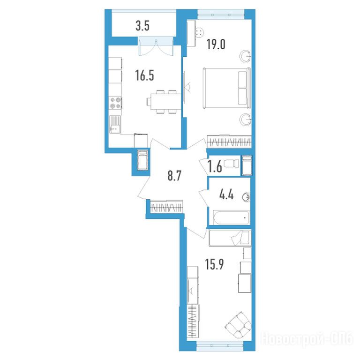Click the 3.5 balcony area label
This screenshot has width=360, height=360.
[142, 26]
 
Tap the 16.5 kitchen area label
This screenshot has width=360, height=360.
[145, 75]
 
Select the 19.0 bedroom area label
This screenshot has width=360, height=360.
[216, 45]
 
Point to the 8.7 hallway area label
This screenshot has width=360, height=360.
[174, 176]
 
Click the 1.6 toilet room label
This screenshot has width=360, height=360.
[215, 166]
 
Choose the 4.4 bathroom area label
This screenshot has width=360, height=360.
[226, 195]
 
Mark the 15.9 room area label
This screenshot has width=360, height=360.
[214, 264]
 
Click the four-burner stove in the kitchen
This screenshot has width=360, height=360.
[115, 103]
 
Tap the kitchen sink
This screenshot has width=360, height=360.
[115, 124]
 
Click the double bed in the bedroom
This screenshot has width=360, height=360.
[227, 88]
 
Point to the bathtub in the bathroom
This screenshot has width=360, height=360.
[231, 217]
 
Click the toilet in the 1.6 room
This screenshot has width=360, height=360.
[231, 164]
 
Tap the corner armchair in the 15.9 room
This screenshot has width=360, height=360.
[238, 325]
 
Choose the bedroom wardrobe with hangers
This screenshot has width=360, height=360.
[229, 142]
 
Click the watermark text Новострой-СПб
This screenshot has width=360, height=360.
[307, 338]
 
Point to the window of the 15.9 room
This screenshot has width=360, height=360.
[220, 346]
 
